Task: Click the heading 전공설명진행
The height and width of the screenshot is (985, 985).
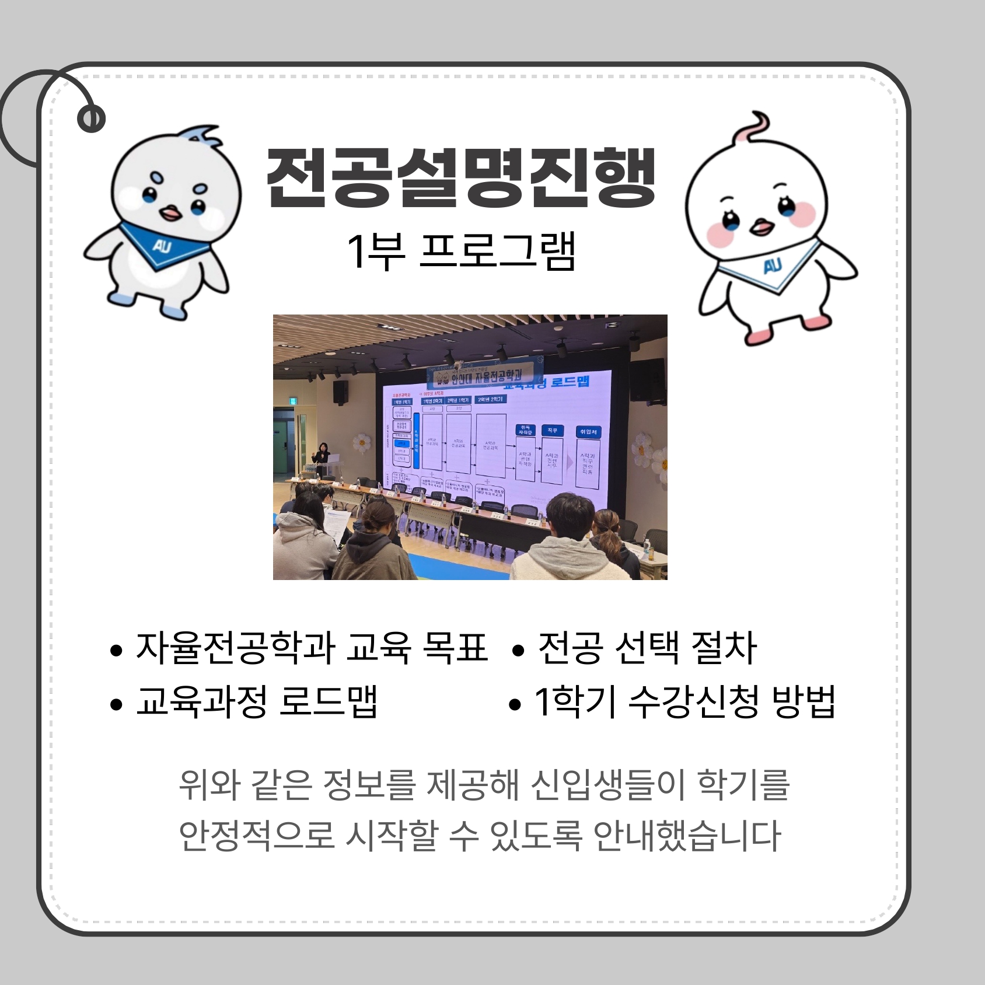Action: pyautogui.click(x=461, y=177)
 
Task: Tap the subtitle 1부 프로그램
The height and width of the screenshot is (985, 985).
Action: pyautogui.click(x=461, y=251)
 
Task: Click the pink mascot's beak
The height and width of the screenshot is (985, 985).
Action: pyautogui.click(x=760, y=226)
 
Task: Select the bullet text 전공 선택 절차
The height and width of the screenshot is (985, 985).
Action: pyautogui.click(x=647, y=648)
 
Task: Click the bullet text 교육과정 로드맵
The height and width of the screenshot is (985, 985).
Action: pyautogui.click(x=257, y=700)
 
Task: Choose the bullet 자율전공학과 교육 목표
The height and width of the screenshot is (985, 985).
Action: pyautogui.click(x=312, y=648)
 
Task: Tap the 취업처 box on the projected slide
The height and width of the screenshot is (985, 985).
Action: pyautogui.click(x=588, y=432)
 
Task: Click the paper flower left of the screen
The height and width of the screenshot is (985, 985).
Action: pyautogui.click(x=362, y=442)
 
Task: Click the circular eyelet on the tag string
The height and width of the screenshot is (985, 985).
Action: pyautogui.click(x=91, y=119)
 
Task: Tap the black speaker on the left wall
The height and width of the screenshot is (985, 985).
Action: pyautogui.click(x=341, y=392)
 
